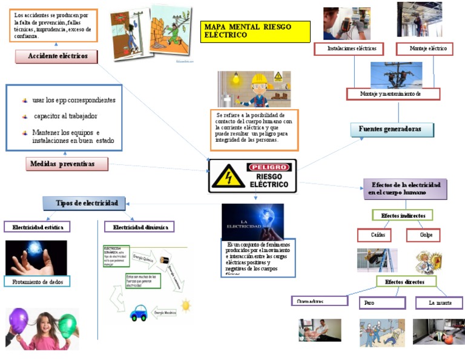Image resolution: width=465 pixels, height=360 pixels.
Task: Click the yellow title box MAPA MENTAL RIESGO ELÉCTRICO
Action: click(x=255, y=32)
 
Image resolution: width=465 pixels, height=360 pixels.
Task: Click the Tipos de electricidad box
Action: click(x=84, y=203)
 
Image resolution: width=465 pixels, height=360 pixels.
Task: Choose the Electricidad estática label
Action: click(x=37, y=227)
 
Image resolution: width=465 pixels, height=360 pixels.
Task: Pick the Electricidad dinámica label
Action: click(x=139, y=227)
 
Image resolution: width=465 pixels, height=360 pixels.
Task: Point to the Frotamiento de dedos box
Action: click(x=37, y=281)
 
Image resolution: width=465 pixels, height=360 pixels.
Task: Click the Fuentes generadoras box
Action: click(x=393, y=129)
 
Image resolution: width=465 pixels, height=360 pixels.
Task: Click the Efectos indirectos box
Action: click(x=403, y=215)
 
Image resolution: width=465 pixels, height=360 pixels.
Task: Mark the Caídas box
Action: click(x=374, y=235)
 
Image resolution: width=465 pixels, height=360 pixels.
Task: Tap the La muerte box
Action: click(x=439, y=302)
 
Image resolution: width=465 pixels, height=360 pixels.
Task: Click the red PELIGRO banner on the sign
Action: click(x=269, y=167)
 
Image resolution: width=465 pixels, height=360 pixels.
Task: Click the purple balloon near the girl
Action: click(x=19, y=319)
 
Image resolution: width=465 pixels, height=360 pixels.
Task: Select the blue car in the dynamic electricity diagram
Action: click(x=139, y=313)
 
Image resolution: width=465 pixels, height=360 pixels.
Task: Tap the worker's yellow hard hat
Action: click(x=259, y=79)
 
